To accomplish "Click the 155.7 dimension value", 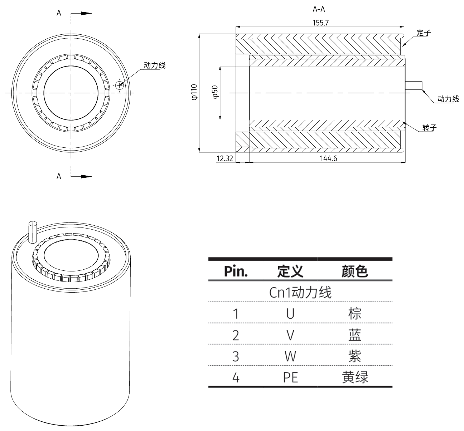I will click(x=320, y=23).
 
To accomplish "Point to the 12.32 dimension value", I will click(x=225, y=158).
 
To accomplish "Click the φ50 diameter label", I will click(x=215, y=92).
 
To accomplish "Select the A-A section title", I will click(x=319, y=9).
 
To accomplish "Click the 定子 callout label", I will click(x=424, y=33).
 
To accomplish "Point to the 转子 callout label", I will click(x=429, y=128).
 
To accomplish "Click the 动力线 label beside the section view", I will click(x=448, y=99).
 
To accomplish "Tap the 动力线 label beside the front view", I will click(x=154, y=65).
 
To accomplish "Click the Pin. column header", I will click(x=236, y=271).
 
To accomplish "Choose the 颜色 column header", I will click(x=354, y=271).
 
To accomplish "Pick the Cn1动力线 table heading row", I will click(x=300, y=292).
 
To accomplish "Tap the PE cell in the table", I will click(x=290, y=377).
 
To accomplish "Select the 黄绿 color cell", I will click(x=354, y=377).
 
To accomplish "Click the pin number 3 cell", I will click(x=235, y=356).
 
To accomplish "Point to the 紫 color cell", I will click(x=354, y=356).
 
